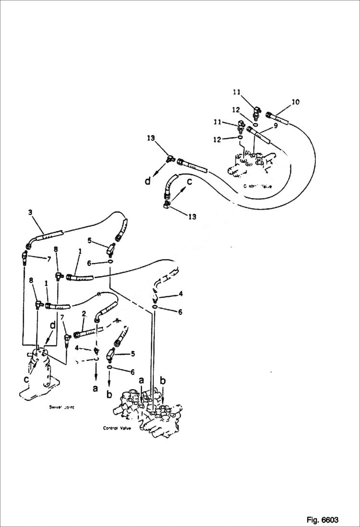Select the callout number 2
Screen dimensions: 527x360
point(84,314)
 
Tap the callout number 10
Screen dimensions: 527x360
point(295,102)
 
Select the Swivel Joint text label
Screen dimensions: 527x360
point(62,407)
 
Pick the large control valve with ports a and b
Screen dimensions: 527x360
point(149,413)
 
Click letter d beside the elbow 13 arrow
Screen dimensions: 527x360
point(148,181)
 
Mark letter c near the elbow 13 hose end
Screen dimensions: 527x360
point(189,182)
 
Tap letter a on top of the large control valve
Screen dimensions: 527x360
point(141,380)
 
